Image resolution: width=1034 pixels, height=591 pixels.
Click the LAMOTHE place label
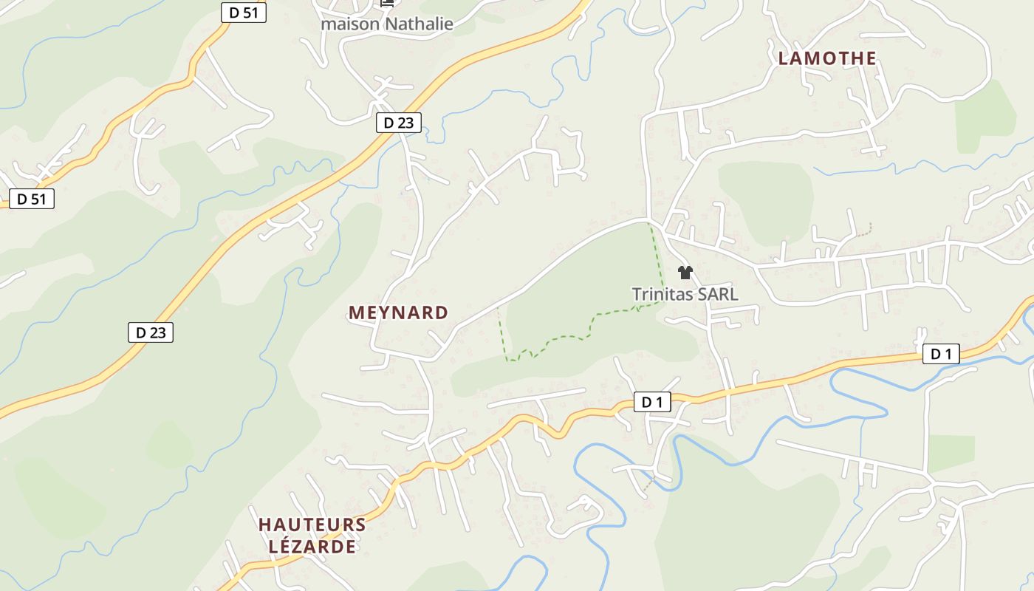(827, 58)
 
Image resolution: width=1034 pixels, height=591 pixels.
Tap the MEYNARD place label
(398, 312)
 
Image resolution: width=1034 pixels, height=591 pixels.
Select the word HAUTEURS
(312, 525)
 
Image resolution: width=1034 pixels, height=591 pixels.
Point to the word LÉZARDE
(312, 547)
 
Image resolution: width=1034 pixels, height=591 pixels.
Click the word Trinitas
(662, 294)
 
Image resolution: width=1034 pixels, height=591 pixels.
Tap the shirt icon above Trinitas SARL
(685, 273)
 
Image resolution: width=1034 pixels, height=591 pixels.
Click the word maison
(349, 24)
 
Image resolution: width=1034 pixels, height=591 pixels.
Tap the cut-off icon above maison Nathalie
(387, 3)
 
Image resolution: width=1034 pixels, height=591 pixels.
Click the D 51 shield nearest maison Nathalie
(243, 13)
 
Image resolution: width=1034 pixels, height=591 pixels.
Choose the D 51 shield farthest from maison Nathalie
(32, 199)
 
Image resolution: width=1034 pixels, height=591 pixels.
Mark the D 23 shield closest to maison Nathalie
(399, 123)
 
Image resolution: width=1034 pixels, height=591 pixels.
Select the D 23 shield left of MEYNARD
(151, 332)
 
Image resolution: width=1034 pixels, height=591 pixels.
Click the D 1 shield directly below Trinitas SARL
(652, 403)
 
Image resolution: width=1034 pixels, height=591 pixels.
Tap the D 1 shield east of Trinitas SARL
(941, 355)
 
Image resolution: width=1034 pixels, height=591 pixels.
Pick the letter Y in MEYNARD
(390, 312)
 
